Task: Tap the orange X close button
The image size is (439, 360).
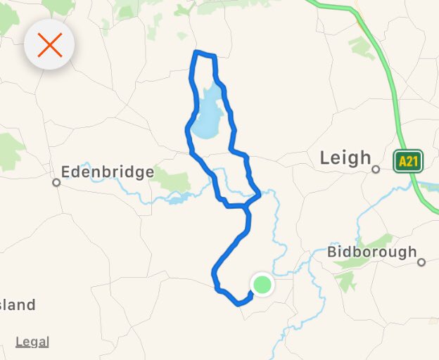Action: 50,45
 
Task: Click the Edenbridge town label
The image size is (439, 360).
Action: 107,172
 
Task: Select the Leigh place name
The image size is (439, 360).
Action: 345,158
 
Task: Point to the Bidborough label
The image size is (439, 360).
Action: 372,252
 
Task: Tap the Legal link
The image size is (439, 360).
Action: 32,342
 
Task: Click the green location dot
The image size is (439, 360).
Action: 262,284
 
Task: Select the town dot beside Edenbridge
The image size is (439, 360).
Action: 56,182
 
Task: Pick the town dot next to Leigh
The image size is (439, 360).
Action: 376,169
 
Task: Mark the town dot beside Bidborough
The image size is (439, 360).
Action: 421,262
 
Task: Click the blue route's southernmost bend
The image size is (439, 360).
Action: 238,304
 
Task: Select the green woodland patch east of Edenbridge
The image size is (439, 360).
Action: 170,180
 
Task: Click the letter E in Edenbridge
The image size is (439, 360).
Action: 66,172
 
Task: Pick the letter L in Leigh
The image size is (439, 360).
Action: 325,158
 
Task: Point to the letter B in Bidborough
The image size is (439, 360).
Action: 333,252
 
